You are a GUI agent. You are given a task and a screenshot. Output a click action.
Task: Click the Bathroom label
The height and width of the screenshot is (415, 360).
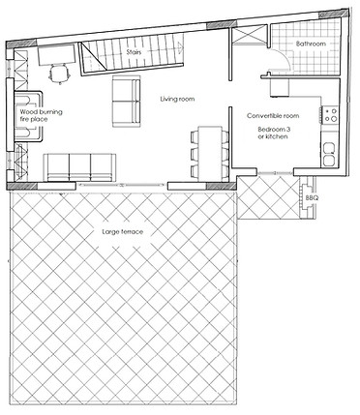(311, 44)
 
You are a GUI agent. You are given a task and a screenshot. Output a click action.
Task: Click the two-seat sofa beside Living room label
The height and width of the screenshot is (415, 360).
(125, 101)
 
